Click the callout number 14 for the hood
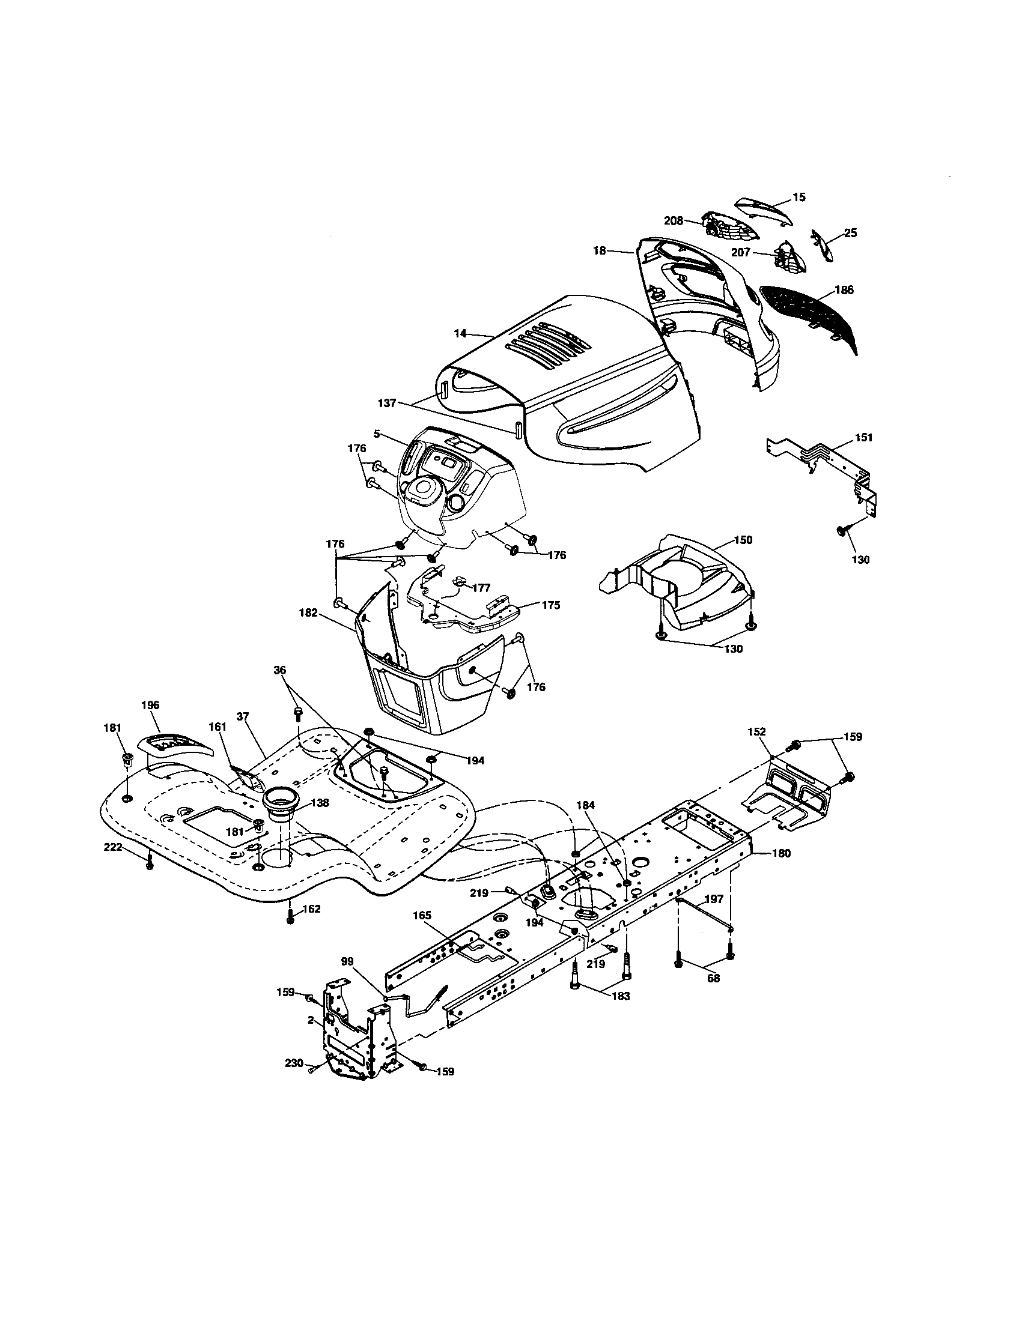coord(460,333)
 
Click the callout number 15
coord(799,197)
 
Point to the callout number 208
coord(673,221)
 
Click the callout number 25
coord(850,233)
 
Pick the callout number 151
coord(863,437)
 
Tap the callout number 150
coord(743,540)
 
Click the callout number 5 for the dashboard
coord(377,434)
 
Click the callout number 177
coord(482,587)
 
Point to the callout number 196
coord(150,706)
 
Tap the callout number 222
coord(112,848)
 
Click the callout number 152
coord(756,732)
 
